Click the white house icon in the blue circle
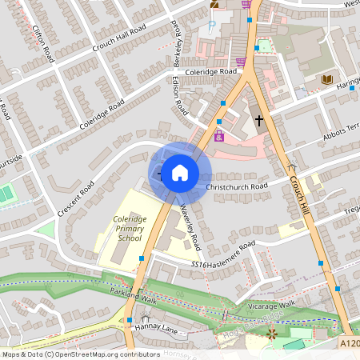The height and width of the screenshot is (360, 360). [x=180, y=172]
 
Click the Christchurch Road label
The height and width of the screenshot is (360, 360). [x=237, y=186]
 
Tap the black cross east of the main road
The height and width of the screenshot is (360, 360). [x=258, y=120]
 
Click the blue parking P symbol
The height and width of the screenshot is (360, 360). [x=212, y=26]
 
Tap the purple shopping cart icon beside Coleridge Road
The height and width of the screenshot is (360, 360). [x=241, y=61]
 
